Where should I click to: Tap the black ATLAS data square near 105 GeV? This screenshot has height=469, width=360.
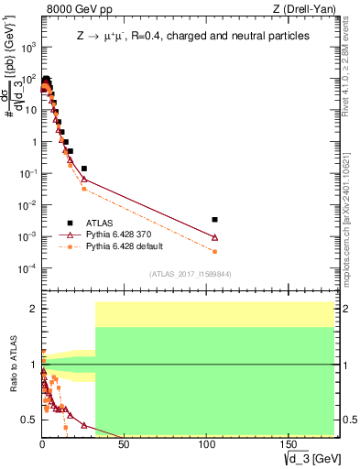(214, 220)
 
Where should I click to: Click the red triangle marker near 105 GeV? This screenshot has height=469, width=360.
(214, 237)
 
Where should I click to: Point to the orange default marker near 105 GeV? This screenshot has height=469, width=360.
(214, 251)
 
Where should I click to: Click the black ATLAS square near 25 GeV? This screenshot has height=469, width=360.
(84, 169)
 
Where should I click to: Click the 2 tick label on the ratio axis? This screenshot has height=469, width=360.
(33, 310)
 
